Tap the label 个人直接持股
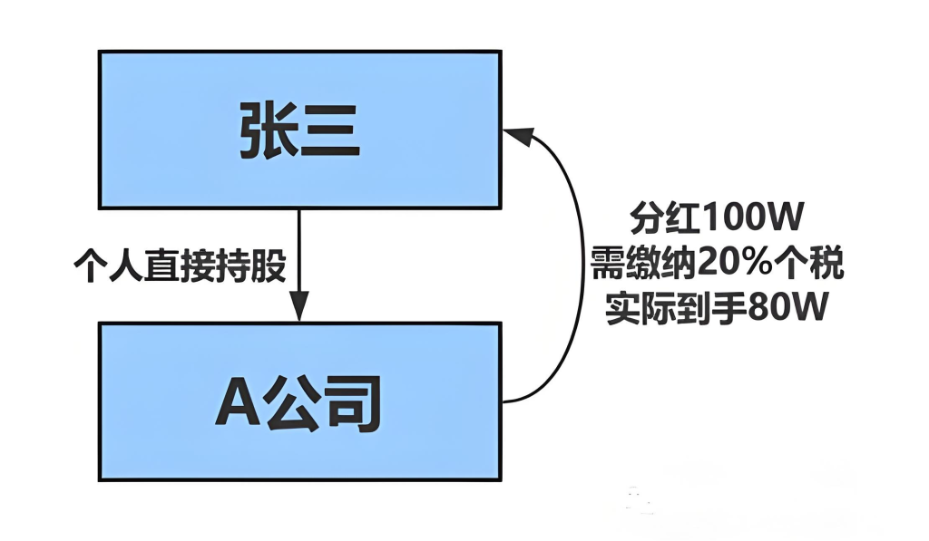[x=181, y=267]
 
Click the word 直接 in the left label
[x=181, y=267]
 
